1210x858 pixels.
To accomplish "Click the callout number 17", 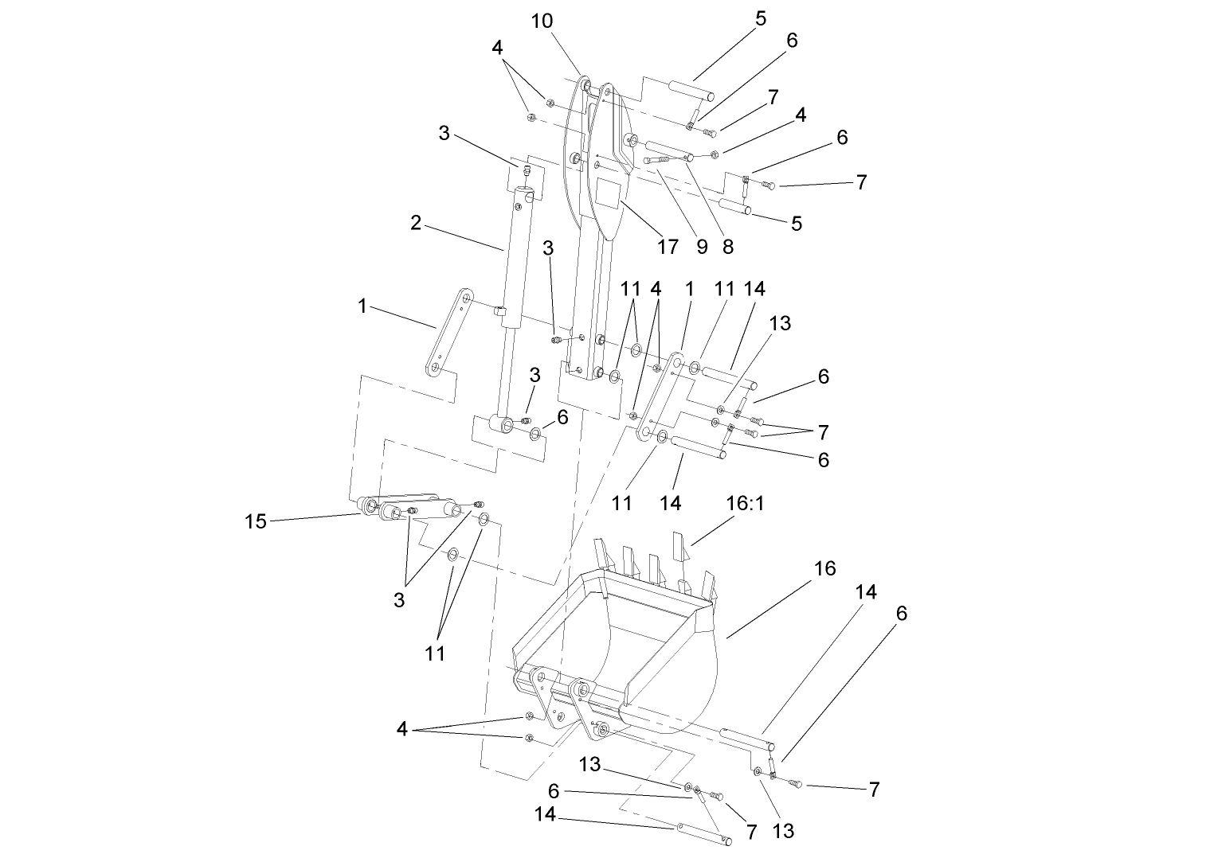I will pos(668,246).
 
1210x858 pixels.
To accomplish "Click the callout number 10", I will pos(542,21).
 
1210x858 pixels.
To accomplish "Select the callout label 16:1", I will pos(746,505).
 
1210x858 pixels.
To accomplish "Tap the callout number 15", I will pos(255,522).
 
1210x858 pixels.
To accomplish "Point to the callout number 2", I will pos(416,223).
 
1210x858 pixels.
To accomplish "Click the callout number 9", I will pos(702,247).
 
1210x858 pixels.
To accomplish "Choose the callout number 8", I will pos(727,247).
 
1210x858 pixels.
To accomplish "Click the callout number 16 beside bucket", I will pos(825,568).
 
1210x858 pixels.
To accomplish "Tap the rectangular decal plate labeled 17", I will pos(609,194).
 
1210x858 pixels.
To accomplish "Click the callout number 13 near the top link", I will pos(780,323).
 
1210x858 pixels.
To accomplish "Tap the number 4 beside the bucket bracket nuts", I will pos(402,729).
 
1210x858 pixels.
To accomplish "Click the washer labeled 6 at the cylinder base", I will pos(535,434).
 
